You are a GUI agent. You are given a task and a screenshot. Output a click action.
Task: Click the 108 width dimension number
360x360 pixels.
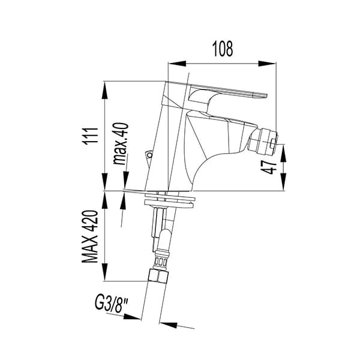[x=222, y=49]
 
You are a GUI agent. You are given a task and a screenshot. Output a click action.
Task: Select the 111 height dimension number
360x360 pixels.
[x=90, y=136]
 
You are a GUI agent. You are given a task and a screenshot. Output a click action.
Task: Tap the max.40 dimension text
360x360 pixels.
[x=121, y=143]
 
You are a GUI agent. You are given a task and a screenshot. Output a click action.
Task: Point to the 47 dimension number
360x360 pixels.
[x=269, y=167]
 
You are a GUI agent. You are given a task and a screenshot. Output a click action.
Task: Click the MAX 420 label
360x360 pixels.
[x=90, y=236]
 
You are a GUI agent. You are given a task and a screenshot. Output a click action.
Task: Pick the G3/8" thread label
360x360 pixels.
[x=111, y=304]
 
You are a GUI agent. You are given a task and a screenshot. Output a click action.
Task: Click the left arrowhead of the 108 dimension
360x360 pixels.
[x=177, y=64]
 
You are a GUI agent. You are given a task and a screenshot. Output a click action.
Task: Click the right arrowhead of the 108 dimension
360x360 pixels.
[x=267, y=64]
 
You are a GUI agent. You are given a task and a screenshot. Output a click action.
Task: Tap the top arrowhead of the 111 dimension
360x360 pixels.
[x=104, y=90]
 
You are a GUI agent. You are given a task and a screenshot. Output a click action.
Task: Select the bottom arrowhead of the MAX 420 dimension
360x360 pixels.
[x=104, y=272]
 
